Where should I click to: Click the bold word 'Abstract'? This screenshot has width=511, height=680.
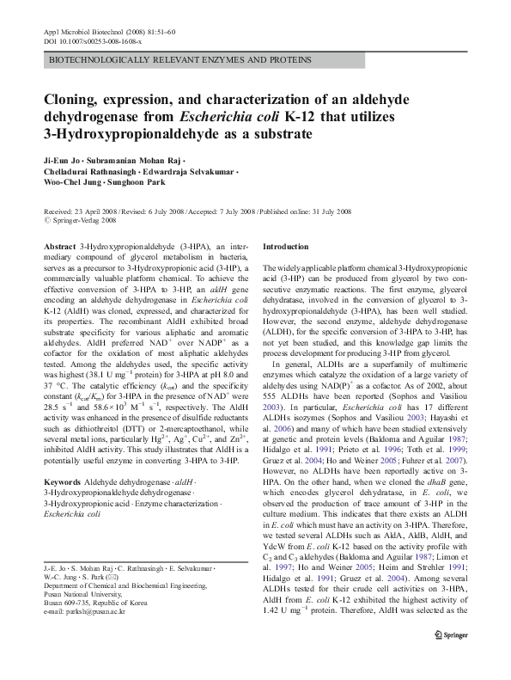pyautogui.click(x=59, y=246)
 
